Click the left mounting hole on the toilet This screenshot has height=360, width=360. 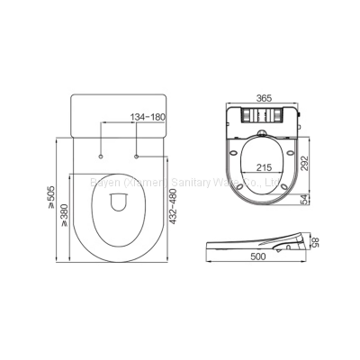(101, 157)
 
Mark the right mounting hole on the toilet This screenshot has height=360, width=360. (135, 157)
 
